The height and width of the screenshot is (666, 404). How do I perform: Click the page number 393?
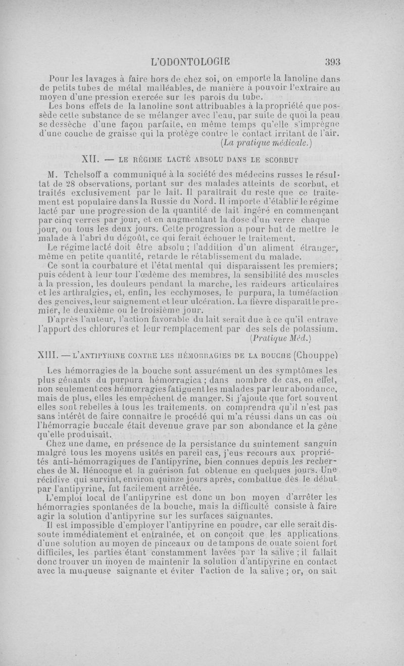coord(333,62)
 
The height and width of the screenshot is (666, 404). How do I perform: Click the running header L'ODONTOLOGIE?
coord(190,62)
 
